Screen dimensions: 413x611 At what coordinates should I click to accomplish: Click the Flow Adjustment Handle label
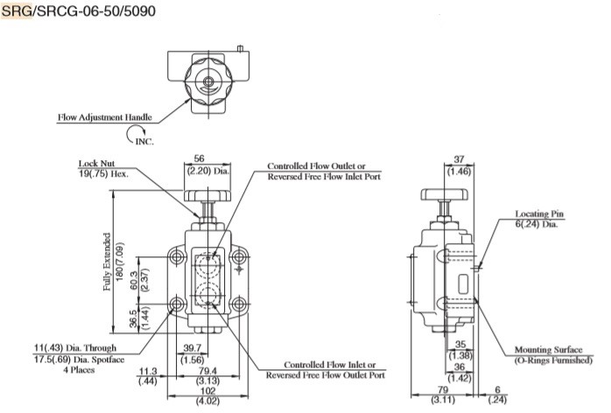104,116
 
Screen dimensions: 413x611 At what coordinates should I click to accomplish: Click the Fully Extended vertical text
106,262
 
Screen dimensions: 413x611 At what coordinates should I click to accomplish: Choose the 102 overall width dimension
207,392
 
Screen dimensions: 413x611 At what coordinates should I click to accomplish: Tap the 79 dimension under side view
443,392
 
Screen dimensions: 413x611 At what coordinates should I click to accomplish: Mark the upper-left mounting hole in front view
176,258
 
